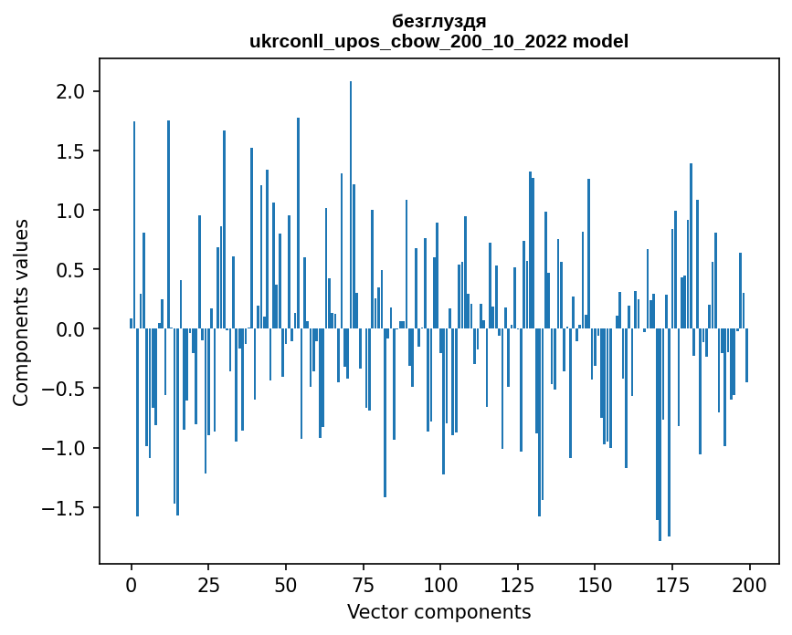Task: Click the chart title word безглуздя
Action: (x=438, y=21)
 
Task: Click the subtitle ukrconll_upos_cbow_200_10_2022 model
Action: (x=438, y=41)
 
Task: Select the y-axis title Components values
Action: (x=21, y=312)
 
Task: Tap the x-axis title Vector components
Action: (x=438, y=611)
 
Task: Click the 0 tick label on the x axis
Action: (x=132, y=584)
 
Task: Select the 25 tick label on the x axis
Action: (x=209, y=584)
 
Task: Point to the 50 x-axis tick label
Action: (x=286, y=584)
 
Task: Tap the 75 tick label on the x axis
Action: (x=364, y=584)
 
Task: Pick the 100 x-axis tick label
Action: (x=440, y=584)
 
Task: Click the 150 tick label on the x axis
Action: (x=595, y=584)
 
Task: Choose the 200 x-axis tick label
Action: (x=749, y=584)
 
